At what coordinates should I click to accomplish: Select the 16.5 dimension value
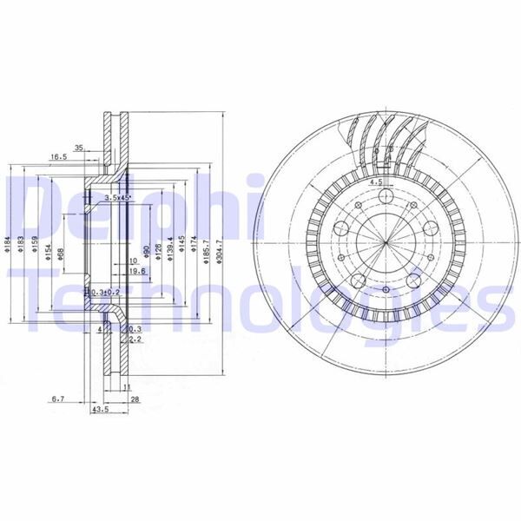58,156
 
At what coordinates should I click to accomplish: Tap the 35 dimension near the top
79,148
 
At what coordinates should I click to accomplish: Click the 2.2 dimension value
135,340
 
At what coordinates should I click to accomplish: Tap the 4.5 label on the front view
376,183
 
